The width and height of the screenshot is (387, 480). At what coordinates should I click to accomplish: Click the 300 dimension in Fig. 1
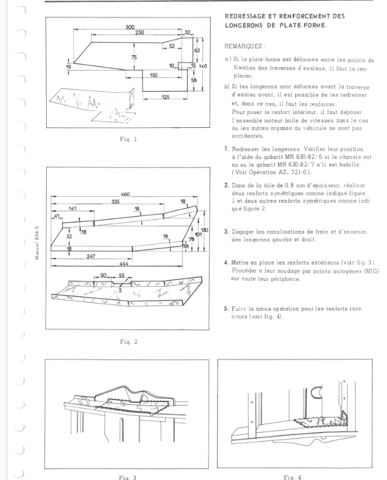point(130,28)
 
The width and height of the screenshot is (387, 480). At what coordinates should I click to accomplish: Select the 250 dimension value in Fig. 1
point(139,32)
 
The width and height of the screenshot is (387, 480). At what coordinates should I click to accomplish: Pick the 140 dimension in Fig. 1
point(203,65)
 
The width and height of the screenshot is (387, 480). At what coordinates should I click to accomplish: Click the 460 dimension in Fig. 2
point(125,196)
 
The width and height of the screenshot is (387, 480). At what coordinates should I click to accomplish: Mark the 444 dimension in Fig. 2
point(122,264)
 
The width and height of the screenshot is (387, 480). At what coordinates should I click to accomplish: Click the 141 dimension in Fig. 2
point(72,209)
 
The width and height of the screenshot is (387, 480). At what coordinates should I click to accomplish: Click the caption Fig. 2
point(128,342)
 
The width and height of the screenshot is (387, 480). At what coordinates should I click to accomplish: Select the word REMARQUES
point(244,46)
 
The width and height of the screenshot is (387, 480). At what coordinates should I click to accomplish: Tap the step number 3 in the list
point(226,231)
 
